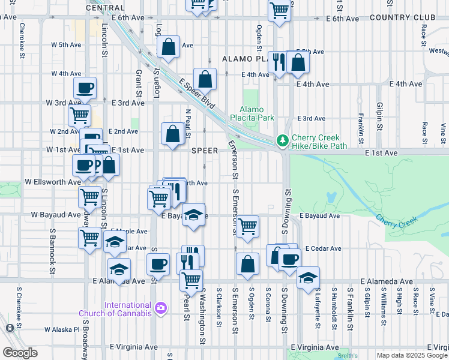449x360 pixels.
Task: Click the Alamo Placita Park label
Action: click(256, 113)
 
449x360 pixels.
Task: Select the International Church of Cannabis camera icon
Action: click(160, 308)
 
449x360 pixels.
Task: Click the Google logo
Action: click(20, 352)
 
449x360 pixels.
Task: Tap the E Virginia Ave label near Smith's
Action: click(315, 347)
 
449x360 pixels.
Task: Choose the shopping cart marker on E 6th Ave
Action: click(279, 10)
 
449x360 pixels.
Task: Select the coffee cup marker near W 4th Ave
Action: click(85, 88)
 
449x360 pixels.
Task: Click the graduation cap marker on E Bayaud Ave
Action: click(193, 215)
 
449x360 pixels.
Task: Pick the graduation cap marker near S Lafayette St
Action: click(308, 278)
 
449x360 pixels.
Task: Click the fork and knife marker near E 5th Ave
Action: click(279, 62)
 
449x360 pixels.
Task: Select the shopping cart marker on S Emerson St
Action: click(247, 227)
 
